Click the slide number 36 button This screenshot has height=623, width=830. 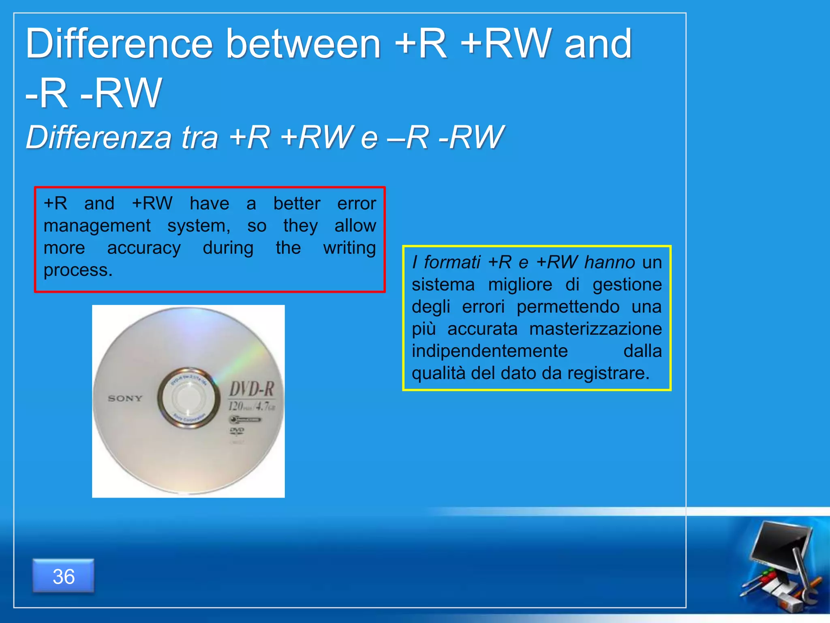click(64, 576)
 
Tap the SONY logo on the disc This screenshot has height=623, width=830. click(125, 399)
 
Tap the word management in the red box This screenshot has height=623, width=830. click(97, 226)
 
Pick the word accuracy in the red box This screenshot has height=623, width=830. click(144, 248)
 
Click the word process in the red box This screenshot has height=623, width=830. click(77, 270)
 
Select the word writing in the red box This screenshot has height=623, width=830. click(349, 248)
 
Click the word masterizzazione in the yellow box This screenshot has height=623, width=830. click(595, 329)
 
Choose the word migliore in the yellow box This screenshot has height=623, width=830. click(520, 285)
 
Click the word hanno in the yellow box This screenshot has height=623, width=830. click(610, 262)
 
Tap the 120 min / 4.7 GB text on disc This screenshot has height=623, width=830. click(251, 406)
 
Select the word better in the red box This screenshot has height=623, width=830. click(297, 204)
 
